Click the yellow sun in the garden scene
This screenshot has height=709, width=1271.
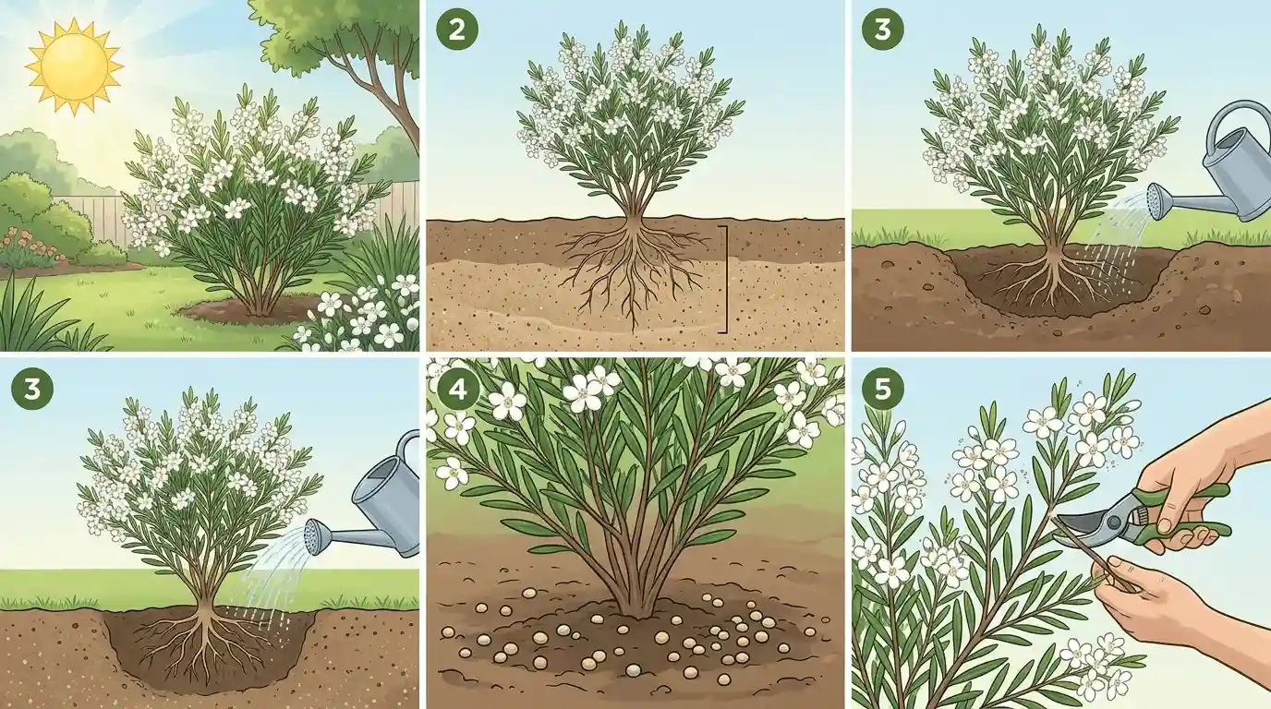tap(74, 66)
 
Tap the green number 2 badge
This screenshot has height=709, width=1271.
tap(456, 30)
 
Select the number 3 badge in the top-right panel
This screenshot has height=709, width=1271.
tap(882, 30)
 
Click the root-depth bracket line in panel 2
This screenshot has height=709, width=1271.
tap(725, 279)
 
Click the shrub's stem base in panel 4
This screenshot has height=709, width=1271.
tap(635, 602)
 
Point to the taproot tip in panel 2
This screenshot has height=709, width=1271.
tap(634, 328)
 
